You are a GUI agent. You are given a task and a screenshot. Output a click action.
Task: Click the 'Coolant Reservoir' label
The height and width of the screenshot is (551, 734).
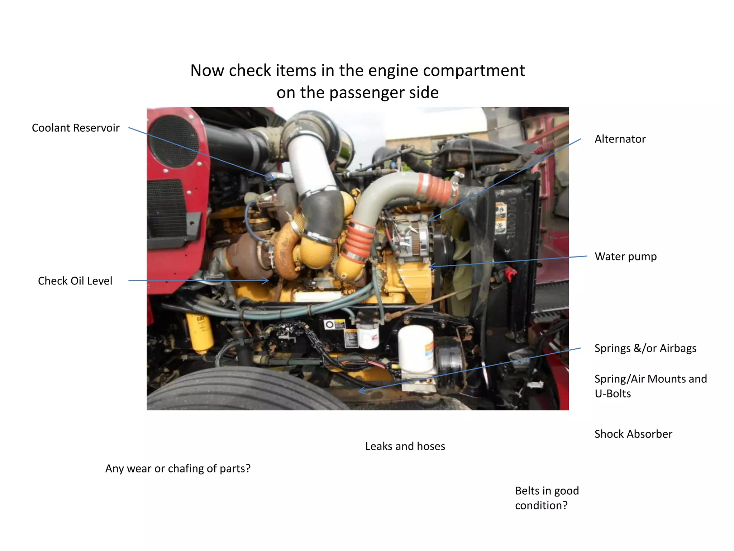[x=76, y=128]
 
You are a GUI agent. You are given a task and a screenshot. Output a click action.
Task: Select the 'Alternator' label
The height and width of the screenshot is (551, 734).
[x=620, y=139]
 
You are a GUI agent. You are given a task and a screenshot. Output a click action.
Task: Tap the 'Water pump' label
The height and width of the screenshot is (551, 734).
[x=625, y=256]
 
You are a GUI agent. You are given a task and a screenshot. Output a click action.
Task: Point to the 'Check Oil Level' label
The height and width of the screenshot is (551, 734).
[x=75, y=281]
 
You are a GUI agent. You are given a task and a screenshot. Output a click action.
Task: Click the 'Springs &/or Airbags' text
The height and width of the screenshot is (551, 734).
[x=645, y=348]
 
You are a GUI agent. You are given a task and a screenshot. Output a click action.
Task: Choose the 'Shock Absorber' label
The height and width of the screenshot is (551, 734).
[x=633, y=434]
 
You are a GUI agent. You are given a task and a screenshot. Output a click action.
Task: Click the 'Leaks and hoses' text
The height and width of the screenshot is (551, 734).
[x=405, y=446]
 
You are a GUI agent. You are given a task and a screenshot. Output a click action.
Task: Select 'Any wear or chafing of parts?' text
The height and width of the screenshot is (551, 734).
[x=178, y=468]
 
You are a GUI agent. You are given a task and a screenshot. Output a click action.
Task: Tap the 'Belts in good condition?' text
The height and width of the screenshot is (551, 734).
[x=547, y=498]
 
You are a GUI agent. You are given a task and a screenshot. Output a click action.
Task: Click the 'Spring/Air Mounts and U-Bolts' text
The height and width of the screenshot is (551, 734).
[x=650, y=386]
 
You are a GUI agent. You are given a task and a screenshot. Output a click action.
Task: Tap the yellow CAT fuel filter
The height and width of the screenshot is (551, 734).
[x=199, y=332]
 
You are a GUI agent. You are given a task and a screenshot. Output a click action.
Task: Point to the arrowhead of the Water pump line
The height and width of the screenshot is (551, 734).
[x=430, y=267]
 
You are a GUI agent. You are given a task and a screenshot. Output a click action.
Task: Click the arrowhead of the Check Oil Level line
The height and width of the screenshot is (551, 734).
[x=267, y=281]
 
